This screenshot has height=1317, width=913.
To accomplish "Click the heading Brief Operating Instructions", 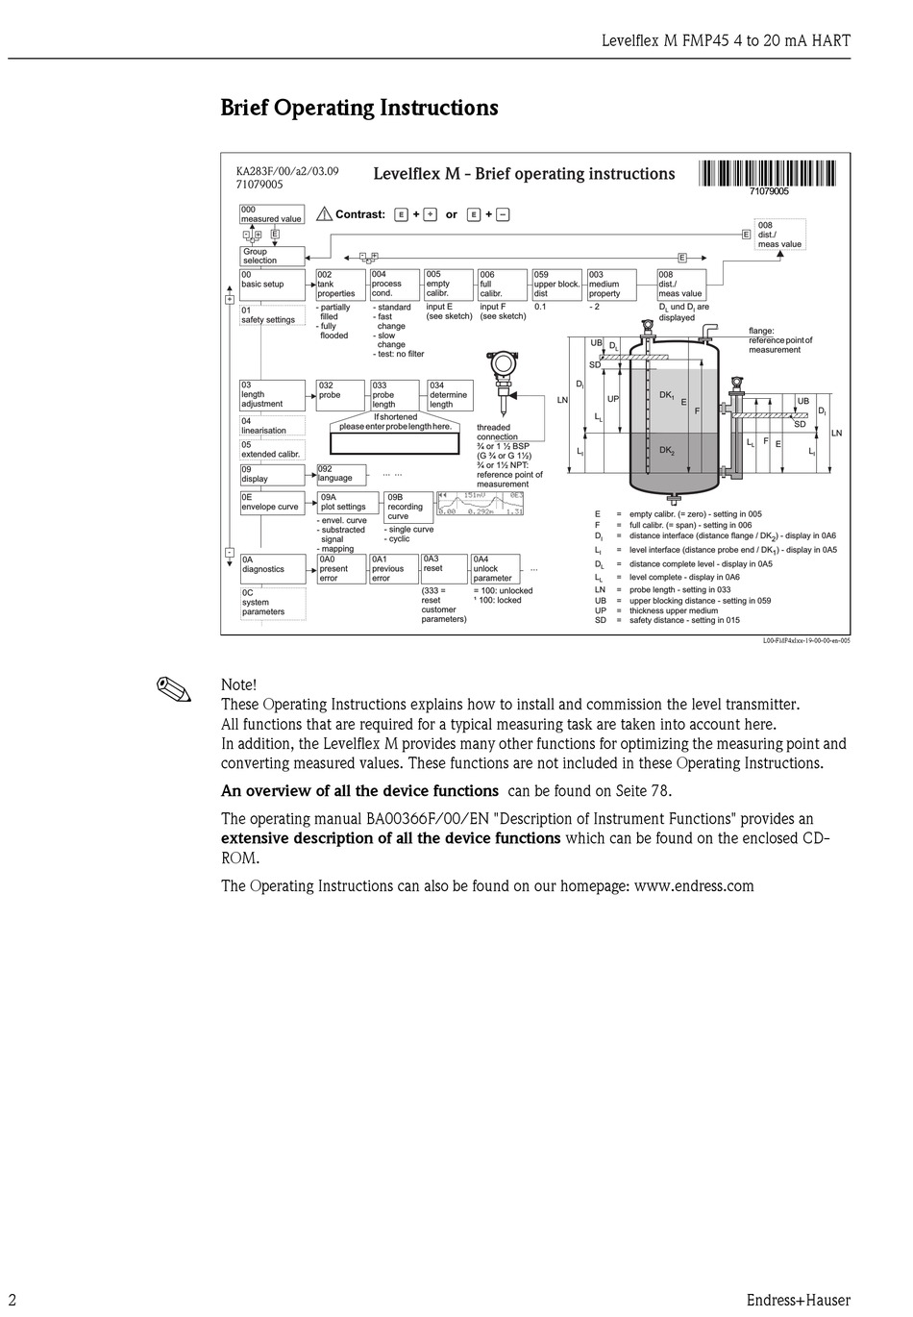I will [x=359, y=108].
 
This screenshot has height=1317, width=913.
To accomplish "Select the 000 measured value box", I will [x=272, y=214].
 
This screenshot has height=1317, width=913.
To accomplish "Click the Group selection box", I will [x=272, y=256].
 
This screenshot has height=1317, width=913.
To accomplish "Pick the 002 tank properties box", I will [x=339, y=285].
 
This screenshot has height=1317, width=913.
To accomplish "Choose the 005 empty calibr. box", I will [x=449, y=285].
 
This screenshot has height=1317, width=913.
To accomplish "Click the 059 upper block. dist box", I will [x=557, y=285].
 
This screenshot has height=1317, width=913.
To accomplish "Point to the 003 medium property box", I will [x=612, y=285].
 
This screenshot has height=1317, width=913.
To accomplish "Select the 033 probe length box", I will [x=395, y=395].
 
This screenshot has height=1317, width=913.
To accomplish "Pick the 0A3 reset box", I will [x=443, y=568].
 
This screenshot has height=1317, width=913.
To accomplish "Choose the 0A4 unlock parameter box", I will [x=495, y=568].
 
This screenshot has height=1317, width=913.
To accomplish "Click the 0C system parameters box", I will [x=273, y=603].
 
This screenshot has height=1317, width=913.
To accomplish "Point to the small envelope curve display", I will [x=480, y=505].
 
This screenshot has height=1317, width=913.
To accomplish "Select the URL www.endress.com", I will [x=694, y=886].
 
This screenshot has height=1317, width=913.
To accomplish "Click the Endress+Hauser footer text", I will [x=798, y=1301].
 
